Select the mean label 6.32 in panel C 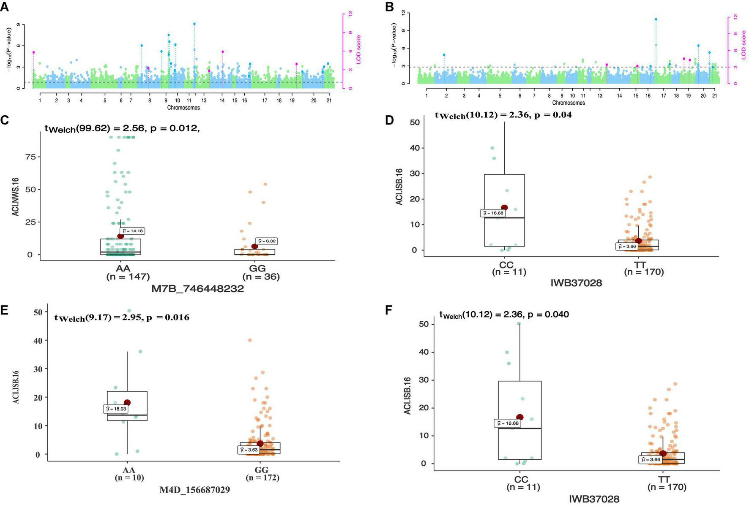click(x=267, y=241)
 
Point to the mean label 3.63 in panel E click(x=248, y=450)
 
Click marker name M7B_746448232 click(x=197, y=289)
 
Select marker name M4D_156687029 click(x=194, y=490)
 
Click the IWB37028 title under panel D click(x=576, y=283)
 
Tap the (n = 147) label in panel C click(x=128, y=277)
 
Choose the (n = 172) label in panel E click(x=262, y=477)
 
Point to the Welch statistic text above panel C click(x=122, y=128)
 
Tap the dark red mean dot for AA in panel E click(x=127, y=403)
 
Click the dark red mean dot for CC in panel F click(x=519, y=417)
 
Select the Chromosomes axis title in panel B click(x=568, y=103)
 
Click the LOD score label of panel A click(x=358, y=50)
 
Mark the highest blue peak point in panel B click(x=656, y=19)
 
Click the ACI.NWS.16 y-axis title click(x=16, y=197)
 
